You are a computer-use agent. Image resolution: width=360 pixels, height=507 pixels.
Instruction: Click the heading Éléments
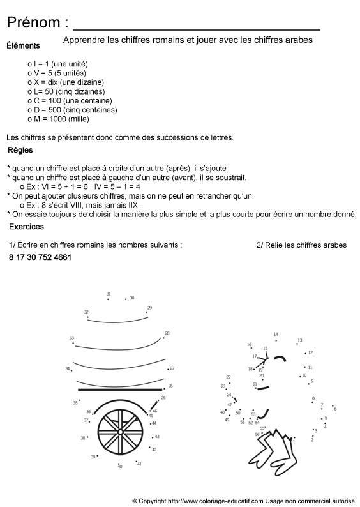coord(23,46)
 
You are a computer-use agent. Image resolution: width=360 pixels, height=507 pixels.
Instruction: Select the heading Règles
coord(20,151)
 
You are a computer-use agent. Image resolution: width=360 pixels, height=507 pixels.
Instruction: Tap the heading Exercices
coord(26,227)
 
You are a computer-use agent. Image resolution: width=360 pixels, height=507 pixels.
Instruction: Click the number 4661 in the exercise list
coord(62,258)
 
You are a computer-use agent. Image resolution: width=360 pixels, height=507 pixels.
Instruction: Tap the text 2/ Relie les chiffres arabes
coord(301,245)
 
